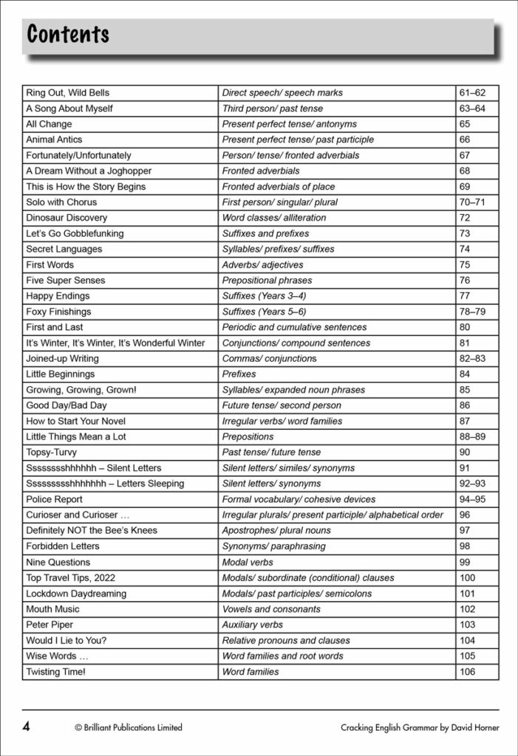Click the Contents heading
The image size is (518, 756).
coord(68,33)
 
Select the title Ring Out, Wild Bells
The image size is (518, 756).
coord(67,93)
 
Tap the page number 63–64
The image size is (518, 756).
coord(472,109)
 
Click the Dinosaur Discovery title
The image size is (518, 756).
coord(67,218)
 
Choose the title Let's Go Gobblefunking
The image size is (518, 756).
coord(75,233)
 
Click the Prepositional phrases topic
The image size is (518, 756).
coord(267,281)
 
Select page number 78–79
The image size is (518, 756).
coord(472,312)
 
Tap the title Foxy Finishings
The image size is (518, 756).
coord(58,312)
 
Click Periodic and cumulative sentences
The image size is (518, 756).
coord(294,327)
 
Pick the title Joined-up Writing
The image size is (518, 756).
coord(62,359)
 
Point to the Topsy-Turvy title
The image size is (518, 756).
coord(51,452)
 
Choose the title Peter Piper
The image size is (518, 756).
coord(51,625)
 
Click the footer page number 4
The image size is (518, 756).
coord(27,726)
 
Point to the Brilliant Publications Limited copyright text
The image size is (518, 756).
coord(129,727)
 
